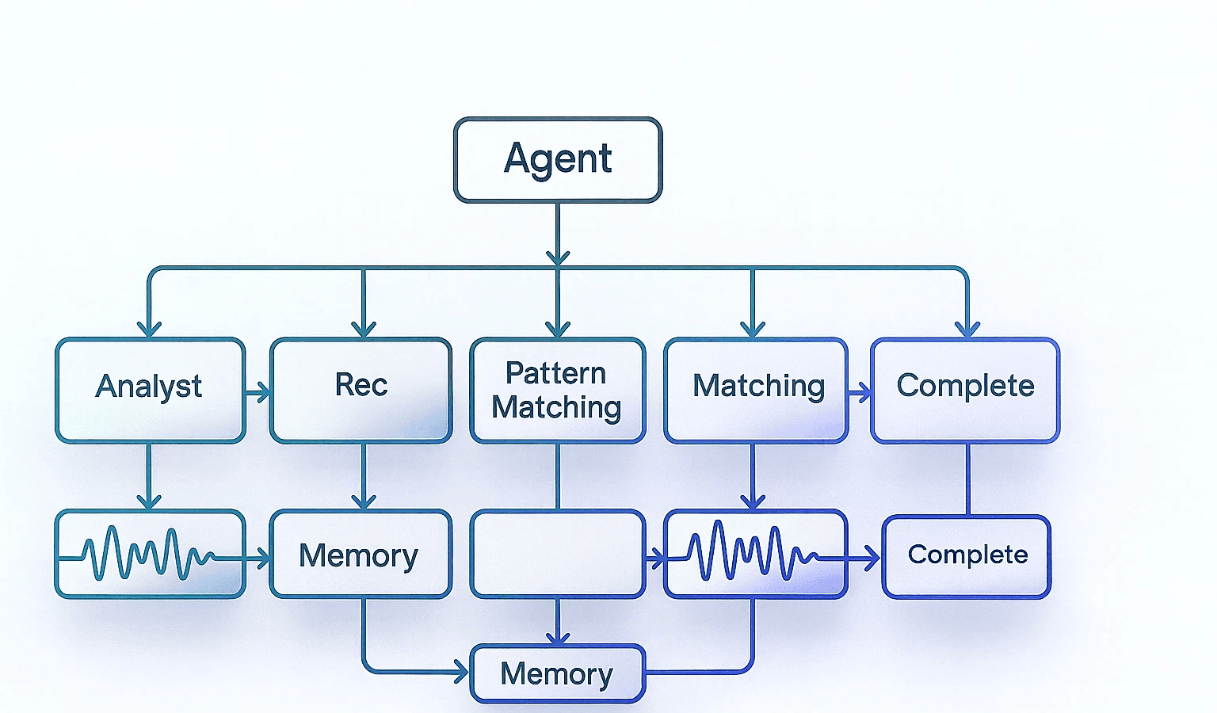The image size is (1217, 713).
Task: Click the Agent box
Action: [x=557, y=159]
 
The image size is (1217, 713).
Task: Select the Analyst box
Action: [x=150, y=389]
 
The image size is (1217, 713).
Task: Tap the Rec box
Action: [x=361, y=389]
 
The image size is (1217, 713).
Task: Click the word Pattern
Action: [x=555, y=373]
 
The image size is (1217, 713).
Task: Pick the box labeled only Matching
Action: [x=756, y=389]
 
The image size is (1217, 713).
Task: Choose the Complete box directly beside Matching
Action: [x=965, y=389]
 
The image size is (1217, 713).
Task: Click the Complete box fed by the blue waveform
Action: [x=967, y=556]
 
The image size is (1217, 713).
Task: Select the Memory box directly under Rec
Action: [x=360, y=554]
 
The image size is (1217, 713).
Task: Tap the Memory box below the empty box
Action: [x=557, y=674]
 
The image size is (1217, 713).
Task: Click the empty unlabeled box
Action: [x=557, y=553]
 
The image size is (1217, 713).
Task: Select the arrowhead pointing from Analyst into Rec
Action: [x=263, y=392]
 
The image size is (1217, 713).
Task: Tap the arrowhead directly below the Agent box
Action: [x=558, y=257]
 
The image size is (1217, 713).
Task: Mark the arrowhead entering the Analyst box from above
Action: [x=149, y=328]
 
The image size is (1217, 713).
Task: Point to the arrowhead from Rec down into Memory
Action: [x=364, y=501]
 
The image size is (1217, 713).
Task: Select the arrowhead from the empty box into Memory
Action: [x=558, y=636]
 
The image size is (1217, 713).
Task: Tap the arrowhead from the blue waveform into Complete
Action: [x=872, y=559]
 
